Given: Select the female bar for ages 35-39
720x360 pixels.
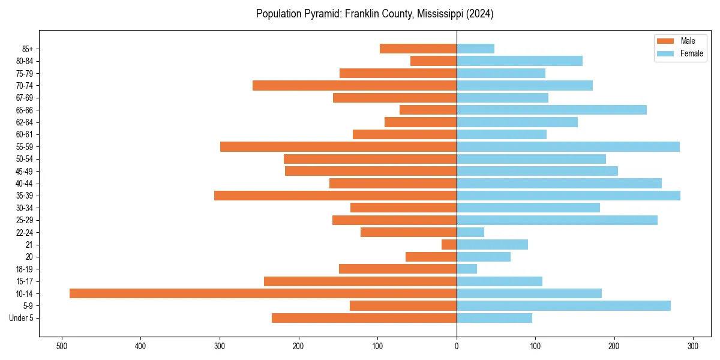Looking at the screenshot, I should tap(568, 196).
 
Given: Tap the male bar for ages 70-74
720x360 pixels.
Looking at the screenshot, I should tap(355, 85).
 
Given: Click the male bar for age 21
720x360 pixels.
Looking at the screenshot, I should tap(449, 245).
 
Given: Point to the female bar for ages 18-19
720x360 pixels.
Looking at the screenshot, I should tap(467, 269).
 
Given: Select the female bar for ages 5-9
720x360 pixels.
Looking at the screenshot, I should tap(563, 305).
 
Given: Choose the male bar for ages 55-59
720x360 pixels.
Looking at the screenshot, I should tap(338, 146).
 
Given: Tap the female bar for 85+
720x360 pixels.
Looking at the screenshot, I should tap(475, 49).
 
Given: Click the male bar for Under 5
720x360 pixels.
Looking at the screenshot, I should tap(364, 318).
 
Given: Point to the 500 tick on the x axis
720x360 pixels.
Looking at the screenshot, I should tap(61, 346).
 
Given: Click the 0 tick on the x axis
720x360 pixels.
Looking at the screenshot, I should tap(457, 346).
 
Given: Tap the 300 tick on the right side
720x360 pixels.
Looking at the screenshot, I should tap(693, 346).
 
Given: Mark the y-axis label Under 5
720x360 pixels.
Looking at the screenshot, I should tap(21, 318).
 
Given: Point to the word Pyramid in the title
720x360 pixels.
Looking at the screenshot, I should tap(319, 14).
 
